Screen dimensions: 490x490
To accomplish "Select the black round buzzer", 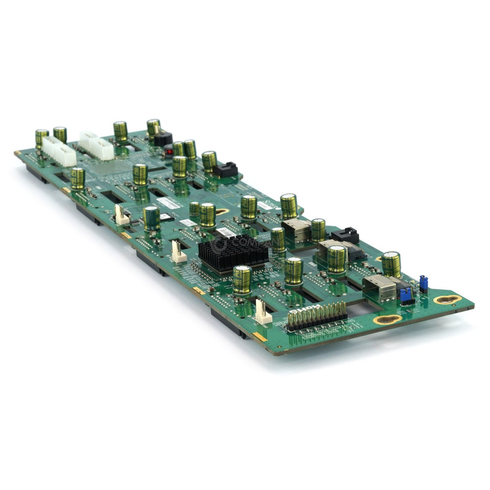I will coord(163,139).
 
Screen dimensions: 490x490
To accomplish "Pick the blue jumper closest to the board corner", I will coord(423,283).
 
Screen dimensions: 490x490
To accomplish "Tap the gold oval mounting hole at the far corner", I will coord(447,299).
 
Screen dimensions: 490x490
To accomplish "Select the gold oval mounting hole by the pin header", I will coord(387,319).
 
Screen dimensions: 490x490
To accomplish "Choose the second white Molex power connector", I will coord(97,145).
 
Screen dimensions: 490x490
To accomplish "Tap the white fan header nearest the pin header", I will coord(263,312).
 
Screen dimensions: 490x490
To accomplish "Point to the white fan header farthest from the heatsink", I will coord(121,215).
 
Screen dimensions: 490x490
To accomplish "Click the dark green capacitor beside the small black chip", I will coord(151,218).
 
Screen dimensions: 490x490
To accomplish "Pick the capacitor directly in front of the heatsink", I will coord(242,280).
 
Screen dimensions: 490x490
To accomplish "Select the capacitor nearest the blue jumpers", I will coord(391,264).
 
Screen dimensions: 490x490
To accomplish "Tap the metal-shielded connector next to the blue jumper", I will coord(380,288).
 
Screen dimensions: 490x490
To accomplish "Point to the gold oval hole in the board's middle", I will coord(222,212).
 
